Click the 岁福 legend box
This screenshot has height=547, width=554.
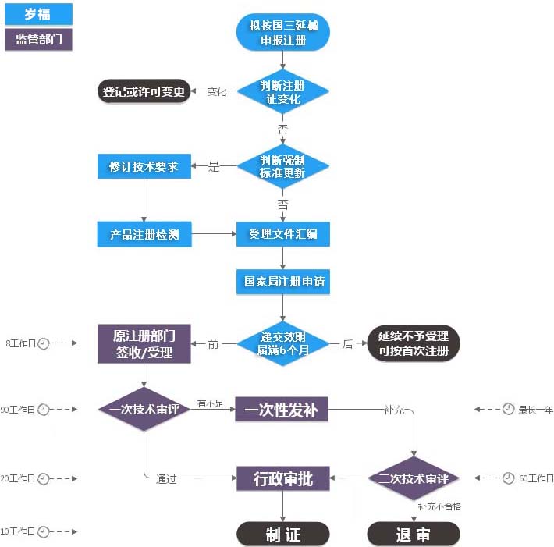tap(37, 13)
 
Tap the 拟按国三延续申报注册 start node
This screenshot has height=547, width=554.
tap(283, 33)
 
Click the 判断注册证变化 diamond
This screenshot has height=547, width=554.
tap(283, 92)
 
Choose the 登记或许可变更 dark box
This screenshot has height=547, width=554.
tap(144, 91)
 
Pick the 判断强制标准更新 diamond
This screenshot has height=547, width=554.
tap(283, 166)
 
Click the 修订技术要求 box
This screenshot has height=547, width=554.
tap(144, 166)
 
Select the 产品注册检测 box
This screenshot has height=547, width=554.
tap(144, 234)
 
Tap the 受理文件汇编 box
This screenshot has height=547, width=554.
tap(283, 234)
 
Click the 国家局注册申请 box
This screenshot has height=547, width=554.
tap(283, 282)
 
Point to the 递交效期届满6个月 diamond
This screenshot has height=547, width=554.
tap(283, 343)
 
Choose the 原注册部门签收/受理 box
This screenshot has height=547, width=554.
tap(144, 343)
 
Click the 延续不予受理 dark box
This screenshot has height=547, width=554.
tap(414, 343)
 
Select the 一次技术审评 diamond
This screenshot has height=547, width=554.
tap(144, 409)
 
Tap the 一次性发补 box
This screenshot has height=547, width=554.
tap(282, 409)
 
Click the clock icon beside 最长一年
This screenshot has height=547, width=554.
tap(508, 409)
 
